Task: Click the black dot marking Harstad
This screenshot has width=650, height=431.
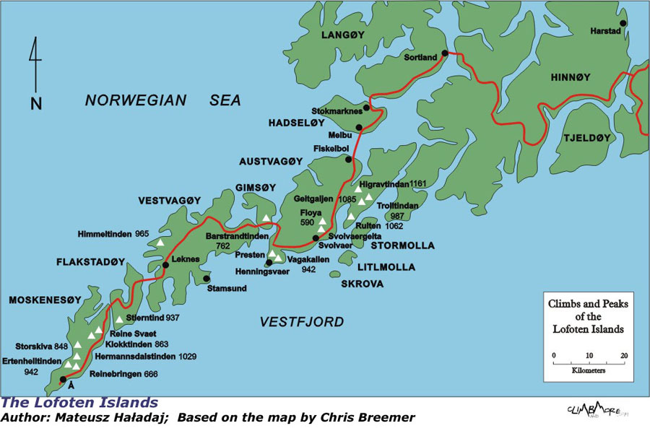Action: (623, 23)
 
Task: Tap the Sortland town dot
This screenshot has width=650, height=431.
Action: (445, 53)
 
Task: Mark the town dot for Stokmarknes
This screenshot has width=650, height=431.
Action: (366, 108)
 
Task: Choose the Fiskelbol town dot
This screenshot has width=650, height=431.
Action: (348, 160)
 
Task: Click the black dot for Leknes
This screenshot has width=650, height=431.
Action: (165, 265)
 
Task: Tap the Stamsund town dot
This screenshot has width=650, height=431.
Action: (207, 278)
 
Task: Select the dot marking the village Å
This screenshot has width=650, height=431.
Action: (63, 379)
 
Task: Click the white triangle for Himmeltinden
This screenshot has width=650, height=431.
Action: (160, 242)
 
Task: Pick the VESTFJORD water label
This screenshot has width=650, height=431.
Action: (302, 322)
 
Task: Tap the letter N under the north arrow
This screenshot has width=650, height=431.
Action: (36, 103)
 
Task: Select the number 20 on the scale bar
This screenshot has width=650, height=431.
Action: (623, 355)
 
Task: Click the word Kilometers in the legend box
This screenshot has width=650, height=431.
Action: (589, 370)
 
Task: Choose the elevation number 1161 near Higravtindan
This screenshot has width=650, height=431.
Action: (419, 185)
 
